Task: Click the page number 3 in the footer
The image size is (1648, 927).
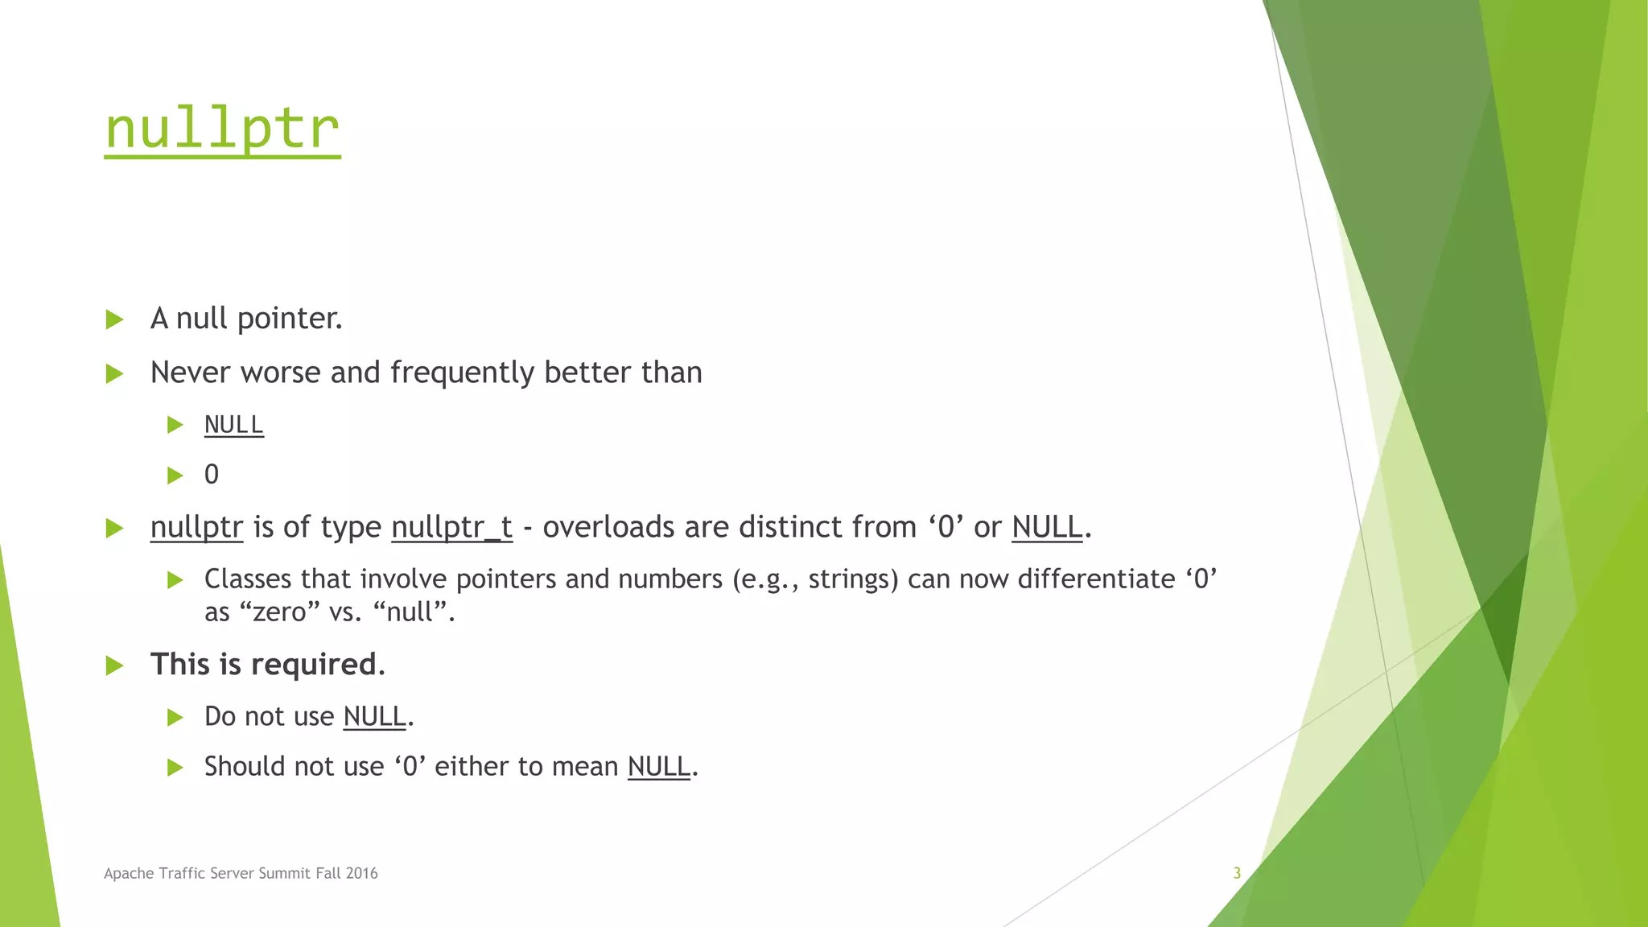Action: [1237, 873]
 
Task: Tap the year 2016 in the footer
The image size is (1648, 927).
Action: [362, 873]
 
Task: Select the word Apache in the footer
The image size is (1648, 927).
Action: [129, 873]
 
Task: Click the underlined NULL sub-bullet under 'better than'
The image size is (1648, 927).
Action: [233, 424]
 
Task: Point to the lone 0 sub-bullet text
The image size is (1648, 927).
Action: [212, 475]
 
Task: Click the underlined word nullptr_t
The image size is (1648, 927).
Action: [451, 527]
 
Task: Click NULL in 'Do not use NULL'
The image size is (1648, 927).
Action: [374, 716]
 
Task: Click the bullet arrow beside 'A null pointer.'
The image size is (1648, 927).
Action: [114, 319]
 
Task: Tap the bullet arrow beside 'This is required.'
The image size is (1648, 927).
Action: [114, 665]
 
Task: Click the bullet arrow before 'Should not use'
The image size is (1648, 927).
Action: [175, 768]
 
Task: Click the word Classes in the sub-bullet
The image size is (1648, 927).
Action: [248, 579]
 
